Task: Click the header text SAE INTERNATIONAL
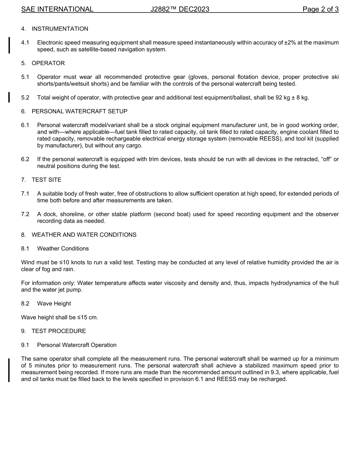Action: click(57, 9)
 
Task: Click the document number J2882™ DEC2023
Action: click(180, 9)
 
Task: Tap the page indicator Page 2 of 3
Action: click(321, 9)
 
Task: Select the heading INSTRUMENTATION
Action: click(60, 29)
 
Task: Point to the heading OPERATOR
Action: click(48, 63)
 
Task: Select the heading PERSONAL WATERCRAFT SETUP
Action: click(80, 111)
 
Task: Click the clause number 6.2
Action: click(25, 159)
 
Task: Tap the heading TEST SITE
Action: click(46, 180)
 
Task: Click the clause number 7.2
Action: click(25, 214)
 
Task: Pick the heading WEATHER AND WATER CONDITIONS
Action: click(84, 235)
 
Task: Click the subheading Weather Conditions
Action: click(63, 249)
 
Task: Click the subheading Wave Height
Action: click(54, 304)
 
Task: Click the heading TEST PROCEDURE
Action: click(59, 331)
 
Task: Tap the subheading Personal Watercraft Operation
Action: click(77, 345)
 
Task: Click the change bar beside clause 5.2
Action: click(9, 97)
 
